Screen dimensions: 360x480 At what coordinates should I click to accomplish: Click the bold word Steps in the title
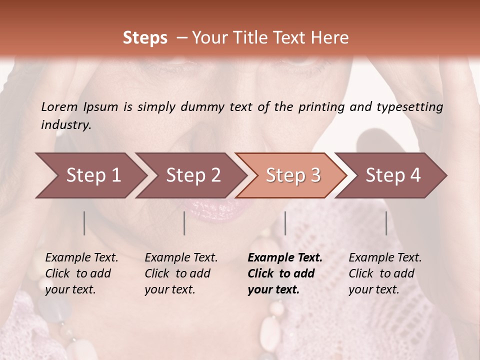point(145,38)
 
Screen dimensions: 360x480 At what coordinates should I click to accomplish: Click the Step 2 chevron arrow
point(190,175)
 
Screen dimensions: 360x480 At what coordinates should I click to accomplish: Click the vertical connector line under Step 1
point(84,223)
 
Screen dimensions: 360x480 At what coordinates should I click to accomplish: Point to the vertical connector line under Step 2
point(184,223)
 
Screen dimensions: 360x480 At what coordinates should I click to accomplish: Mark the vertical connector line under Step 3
point(285,223)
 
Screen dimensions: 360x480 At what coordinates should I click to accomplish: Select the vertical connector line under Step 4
point(386,223)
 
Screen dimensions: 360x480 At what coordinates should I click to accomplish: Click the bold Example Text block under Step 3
point(285,273)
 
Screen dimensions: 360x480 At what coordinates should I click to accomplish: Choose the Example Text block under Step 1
point(81,273)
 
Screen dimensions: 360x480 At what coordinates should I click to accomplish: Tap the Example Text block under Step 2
point(181,273)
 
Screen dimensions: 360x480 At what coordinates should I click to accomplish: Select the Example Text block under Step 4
point(385,273)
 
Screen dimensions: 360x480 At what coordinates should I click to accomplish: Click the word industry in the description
point(66,124)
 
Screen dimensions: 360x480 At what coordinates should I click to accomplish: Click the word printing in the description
point(322,107)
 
